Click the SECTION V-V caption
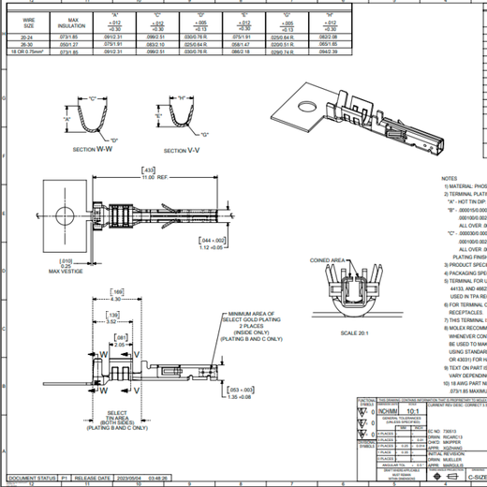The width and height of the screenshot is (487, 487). pyautogui.click(x=183, y=150)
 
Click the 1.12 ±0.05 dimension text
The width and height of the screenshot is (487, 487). pyautogui.click(x=247, y=249)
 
